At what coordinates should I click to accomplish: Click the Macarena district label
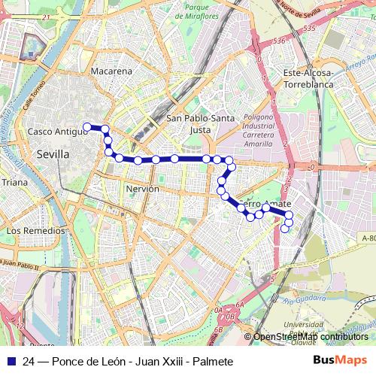(x=111, y=71)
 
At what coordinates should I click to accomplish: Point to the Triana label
(x=14, y=182)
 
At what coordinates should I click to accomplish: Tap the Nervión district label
(x=143, y=189)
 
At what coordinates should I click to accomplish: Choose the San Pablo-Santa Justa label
(x=200, y=123)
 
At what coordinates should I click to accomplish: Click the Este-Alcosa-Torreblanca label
(x=307, y=79)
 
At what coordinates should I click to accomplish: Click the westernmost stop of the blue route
(x=87, y=126)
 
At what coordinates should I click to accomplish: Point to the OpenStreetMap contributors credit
(x=310, y=337)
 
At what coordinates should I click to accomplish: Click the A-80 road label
(x=368, y=238)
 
